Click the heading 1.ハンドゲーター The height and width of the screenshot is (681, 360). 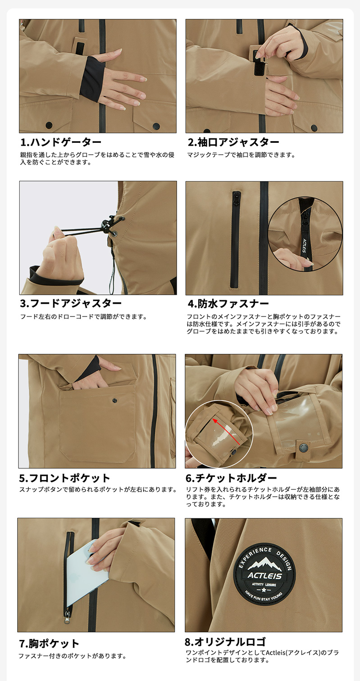pos(61,142)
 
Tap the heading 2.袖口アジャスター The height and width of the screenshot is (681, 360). pos(233,142)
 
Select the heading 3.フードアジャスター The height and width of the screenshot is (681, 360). pos(71,303)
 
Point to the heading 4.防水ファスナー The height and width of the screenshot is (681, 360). pos(228,303)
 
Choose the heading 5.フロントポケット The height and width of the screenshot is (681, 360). pos(64,478)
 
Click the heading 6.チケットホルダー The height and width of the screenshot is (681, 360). pos(231,478)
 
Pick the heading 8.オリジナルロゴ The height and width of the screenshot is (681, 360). pos(225,641)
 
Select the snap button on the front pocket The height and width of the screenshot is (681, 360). pos(114,400)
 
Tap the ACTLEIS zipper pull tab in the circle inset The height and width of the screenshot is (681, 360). pos(305,245)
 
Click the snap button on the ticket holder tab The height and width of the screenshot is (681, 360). pos(303,447)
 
